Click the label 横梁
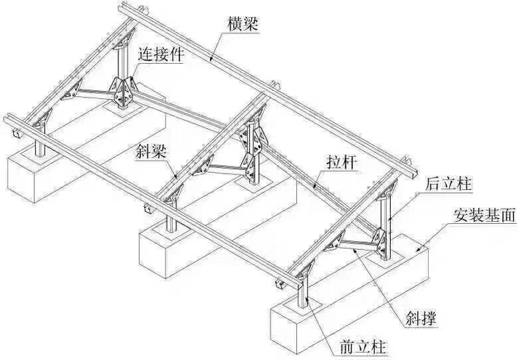point(243,24)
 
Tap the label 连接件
point(161,54)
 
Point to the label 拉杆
point(342,162)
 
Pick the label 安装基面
point(484,216)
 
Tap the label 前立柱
point(363,348)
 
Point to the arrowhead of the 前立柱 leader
point(308,299)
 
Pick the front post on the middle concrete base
point(171,220)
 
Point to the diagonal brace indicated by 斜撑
point(357,246)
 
